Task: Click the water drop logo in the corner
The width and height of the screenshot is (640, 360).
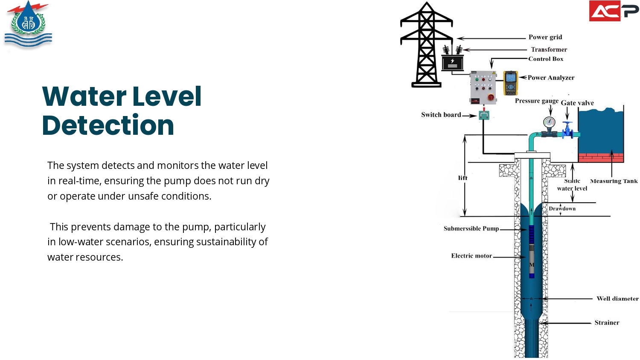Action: [x=28, y=25]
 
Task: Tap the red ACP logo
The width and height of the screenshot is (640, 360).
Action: [x=614, y=11]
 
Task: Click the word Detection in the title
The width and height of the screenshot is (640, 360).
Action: [x=108, y=125]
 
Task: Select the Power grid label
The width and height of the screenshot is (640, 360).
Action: [x=545, y=37]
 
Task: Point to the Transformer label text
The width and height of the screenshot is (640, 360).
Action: [x=549, y=49]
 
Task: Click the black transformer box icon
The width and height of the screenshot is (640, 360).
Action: [x=453, y=63]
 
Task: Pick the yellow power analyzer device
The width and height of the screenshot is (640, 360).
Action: [x=511, y=83]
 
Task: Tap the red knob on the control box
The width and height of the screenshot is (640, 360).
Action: [x=491, y=97]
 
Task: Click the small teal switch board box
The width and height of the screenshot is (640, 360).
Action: [x=484, y=115]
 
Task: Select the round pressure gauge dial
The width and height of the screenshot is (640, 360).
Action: [x=549, y=123]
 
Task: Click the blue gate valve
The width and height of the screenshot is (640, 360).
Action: [x=567, y=130]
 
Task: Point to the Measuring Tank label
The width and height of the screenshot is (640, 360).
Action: [x=614, y=181]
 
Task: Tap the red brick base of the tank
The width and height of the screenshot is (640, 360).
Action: [x=601, y=158]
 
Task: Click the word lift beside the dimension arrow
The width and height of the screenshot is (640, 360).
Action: [x=463, y=178]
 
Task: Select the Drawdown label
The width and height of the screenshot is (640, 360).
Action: [x=562, y=209]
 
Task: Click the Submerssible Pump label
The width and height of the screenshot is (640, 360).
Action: [x=471, y=229]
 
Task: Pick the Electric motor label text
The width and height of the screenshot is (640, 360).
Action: [x=471, y=256]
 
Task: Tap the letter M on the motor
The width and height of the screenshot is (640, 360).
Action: [x=532, y=264]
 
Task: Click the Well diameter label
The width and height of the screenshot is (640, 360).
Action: [x=617, y=299]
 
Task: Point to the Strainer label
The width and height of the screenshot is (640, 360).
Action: [x=607, y=322]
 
